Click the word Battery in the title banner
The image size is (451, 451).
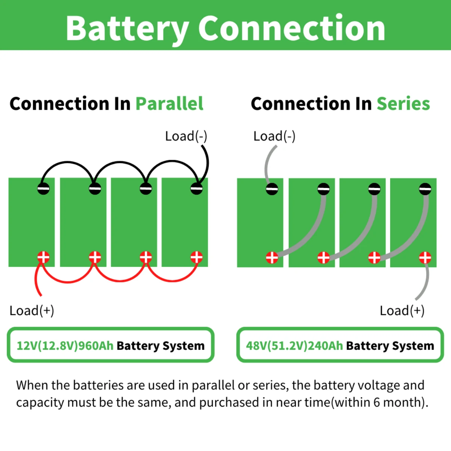[x=127, y=29]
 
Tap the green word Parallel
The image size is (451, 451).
[x=170, y=104]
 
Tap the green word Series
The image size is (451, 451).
[x=403, y=104]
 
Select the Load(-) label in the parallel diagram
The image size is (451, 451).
[x=186, y=136]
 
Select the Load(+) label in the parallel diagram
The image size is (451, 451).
[x=32, y=310]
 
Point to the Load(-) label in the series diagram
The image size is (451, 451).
[x=274, y=136]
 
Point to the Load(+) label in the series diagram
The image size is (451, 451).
[x=402, y=310]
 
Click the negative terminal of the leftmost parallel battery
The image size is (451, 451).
[x=44, y=188]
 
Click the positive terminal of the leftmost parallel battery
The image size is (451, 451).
[x=44, y=257]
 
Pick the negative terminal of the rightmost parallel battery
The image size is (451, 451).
[x=196, y=188]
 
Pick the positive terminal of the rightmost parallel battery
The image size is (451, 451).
[x=196, y=257]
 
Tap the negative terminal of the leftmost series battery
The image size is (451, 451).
[x=272, y=189]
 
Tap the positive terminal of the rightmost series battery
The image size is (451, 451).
[x=425, y=258]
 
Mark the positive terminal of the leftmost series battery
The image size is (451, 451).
[x=272, y=258]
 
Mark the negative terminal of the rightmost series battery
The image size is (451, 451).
[x=425, y=189]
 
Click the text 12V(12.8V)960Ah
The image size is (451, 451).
[x=65, y=346]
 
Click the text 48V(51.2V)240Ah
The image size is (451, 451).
[x=294, y=346]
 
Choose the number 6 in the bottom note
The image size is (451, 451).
[x=377, y=402]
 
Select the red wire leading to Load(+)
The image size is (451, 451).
[x=36, y=278]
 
